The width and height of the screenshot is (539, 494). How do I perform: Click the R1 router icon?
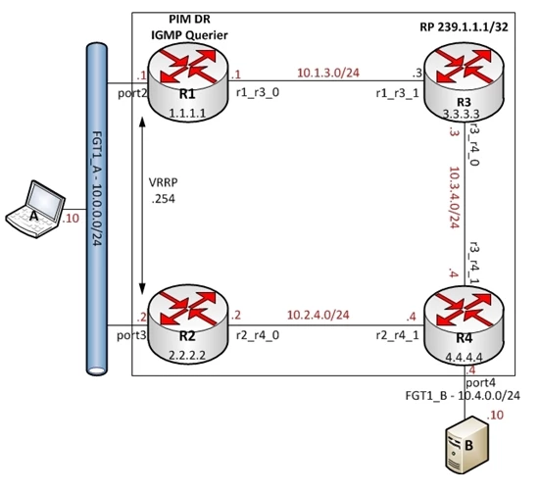click(188, 81)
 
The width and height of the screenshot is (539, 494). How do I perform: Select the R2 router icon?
click(188, 324)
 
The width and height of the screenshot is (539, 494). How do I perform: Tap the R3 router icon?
click(464, 82)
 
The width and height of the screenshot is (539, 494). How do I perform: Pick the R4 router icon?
click(464, 324)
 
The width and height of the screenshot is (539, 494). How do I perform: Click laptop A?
click(35, 209)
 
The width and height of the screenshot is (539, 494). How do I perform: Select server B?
click(466, 445)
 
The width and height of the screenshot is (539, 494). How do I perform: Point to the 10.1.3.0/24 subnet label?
click(328, 73)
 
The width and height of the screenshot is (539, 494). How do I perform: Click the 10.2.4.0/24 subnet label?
click(318, 315)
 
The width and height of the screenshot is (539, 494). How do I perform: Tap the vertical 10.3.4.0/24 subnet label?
click(455, 197)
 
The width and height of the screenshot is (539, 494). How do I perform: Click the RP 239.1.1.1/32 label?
click(464, 27)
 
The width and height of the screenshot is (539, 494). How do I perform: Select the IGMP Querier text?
click(189, 35)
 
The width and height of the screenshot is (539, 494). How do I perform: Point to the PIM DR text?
click(189, 19)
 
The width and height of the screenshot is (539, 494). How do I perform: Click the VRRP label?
click(164, 182)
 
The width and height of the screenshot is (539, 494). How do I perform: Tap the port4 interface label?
click(480, 382)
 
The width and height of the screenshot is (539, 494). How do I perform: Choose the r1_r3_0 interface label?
click(258, 92)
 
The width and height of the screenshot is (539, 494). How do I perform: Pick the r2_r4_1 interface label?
click(397, 335)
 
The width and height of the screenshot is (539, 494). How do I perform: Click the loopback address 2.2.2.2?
click(187, 355)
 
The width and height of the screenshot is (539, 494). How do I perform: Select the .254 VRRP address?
click(164, 199)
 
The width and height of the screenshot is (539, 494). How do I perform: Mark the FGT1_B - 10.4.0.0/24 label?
click(463, 396)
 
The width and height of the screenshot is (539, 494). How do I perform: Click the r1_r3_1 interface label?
click(397, 93)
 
